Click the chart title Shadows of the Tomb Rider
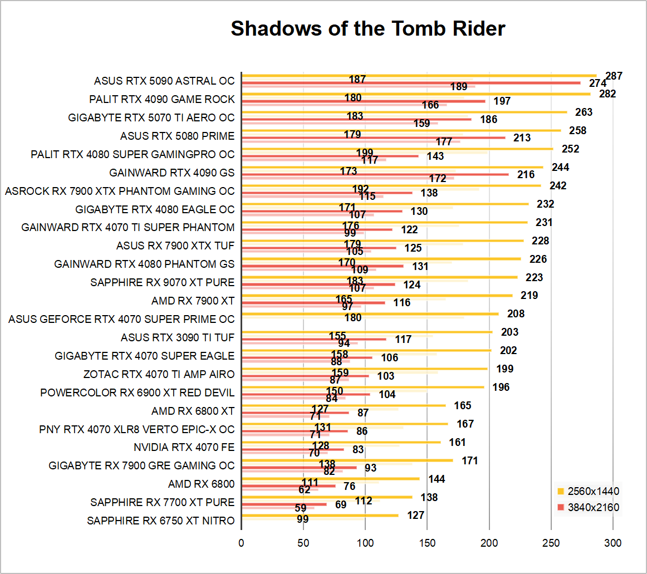point(367,28)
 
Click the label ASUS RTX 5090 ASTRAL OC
point(164,81)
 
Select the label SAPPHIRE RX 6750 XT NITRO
point(161,521)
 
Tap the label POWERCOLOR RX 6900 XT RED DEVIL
point(138,393)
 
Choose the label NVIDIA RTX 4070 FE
point(184,448)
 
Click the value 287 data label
point(614,76)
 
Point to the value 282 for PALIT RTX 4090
point(607,94)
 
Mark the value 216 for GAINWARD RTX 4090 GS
point(526,175)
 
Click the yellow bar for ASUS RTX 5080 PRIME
point(401,131)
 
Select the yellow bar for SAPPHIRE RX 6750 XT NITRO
point(320,516)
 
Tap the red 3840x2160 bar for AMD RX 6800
point(288,485)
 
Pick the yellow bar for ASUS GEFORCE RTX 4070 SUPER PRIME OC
point(370,314)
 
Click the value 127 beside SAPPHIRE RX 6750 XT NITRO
point(416,516)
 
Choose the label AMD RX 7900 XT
point(193,301)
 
